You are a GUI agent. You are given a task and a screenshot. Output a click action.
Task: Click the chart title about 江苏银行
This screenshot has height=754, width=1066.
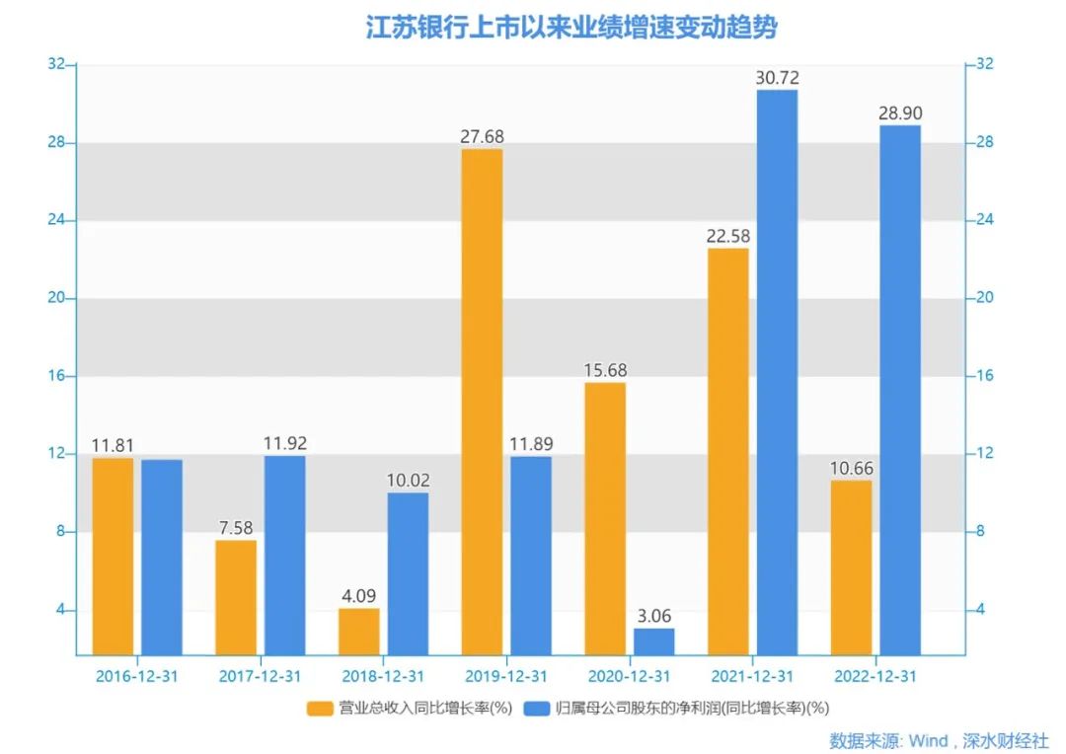pos(571,27)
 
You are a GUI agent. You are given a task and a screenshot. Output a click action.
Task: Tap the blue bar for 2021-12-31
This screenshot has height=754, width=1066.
pos(777,372)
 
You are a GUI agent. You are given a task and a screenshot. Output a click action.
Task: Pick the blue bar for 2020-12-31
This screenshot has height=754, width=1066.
pos(653,641)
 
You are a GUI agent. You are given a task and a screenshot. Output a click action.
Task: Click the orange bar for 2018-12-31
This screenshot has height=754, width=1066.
pos(358,631)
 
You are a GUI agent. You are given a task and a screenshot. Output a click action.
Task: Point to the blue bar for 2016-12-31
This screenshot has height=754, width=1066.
pos(162,557)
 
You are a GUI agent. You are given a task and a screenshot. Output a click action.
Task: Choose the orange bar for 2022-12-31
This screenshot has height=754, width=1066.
pos(851,567)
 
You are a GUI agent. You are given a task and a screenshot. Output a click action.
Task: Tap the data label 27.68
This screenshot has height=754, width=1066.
pos(482,136)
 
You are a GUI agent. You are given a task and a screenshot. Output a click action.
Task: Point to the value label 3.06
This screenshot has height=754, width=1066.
pos(653,616)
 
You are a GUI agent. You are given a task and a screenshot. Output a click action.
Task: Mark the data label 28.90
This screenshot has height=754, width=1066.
pos(900,113)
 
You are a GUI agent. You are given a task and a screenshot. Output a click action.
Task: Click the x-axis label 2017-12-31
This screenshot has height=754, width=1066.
pos(260,676)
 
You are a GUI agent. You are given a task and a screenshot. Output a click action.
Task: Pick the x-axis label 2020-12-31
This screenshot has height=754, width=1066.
pos(629,676)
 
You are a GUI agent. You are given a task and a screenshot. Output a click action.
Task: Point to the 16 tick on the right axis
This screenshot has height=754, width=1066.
pos(984,376)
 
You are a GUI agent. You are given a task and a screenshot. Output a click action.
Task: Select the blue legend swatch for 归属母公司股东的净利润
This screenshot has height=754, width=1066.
pos(537,708)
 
